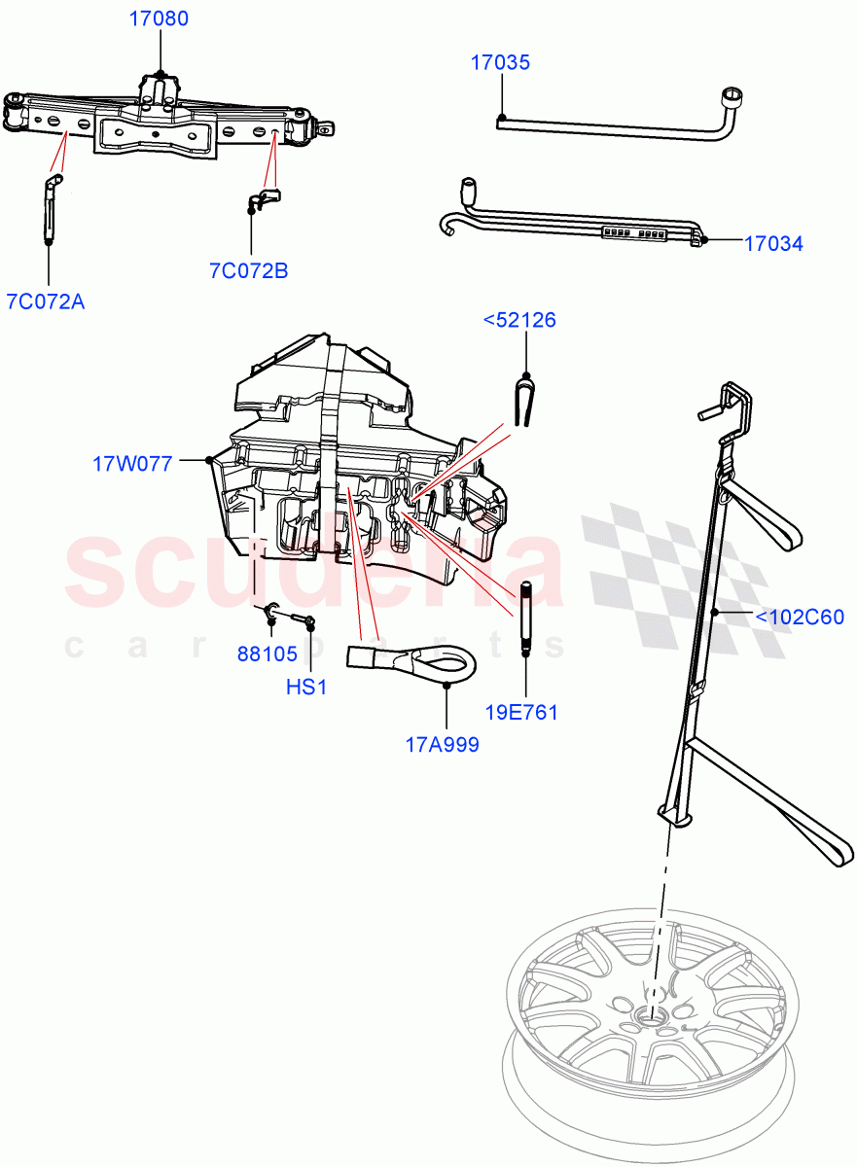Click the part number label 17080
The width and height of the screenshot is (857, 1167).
click(161, 18)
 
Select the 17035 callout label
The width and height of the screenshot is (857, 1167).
click(500, 62)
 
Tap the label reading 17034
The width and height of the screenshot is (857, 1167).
click(773, 244)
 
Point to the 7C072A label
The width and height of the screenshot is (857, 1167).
click(46, 301)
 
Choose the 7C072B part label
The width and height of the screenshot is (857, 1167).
click(249, 271)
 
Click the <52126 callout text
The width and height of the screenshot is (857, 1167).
click(520, 320)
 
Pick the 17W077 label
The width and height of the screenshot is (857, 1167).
click(132, 464)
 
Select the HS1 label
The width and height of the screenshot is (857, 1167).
click(306, 688)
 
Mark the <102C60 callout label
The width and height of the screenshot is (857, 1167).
click(800, 617)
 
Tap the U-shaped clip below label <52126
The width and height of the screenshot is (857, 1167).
click(524, 400)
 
